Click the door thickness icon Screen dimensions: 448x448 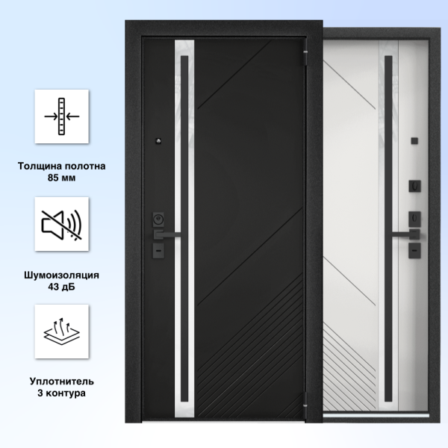[x=62, y=116]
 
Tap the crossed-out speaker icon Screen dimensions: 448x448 [x=62, y=225]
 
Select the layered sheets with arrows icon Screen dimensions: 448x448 [x=62, y=331]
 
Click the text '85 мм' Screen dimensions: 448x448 [x=62, y=178]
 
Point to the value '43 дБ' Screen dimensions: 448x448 [x=62, y=286]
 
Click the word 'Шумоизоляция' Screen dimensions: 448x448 [x=62, y=275]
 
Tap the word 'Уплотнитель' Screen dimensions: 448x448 [x=62, y=382]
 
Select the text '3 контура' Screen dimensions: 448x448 [x=62, y=393]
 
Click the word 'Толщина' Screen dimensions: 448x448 [x=40, y=166]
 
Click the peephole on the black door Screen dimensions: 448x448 [x=158, y=141]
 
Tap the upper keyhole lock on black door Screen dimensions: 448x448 [x=158, y=219]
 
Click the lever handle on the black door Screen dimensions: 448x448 [x=167, y=234]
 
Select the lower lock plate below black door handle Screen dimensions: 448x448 [x=158, y=251]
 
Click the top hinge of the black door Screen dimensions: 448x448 [x=306, y=52]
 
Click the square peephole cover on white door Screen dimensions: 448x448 [x=414, y=140]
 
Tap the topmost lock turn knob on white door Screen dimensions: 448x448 [x=414, y=186]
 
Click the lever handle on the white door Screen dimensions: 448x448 [x=405, y=234]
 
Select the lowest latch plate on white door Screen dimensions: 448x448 [x=414, y=251]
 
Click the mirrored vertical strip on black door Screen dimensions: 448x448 [x=184, y=228]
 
